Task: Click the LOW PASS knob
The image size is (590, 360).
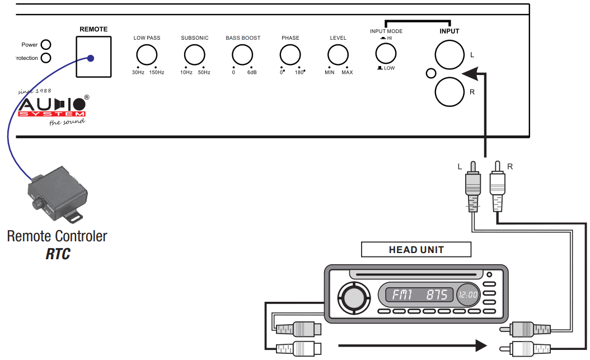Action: click(147, 55)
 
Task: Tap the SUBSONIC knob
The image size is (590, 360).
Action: click(195, 55)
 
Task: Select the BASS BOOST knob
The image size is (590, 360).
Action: click(243, 55)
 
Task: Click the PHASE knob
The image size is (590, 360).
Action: click(290, 55)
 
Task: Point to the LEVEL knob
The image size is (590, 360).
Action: click(338, 55)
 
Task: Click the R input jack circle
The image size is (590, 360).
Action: click(449, 92)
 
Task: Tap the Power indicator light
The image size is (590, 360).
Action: click(46, 45)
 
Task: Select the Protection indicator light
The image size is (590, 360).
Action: click(46, 58)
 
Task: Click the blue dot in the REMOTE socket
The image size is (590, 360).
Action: click(91, 58)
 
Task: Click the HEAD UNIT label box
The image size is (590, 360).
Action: click(416, 250)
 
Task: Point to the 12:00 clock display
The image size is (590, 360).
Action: click(468, 294)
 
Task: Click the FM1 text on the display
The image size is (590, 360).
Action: click(402, 294)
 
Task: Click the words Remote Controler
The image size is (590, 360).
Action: click(57, 236)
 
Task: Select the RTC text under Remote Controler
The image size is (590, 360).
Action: click(58, 254)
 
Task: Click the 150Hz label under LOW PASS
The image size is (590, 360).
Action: click(156, 73)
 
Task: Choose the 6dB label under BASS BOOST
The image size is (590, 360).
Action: click(252, 73)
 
